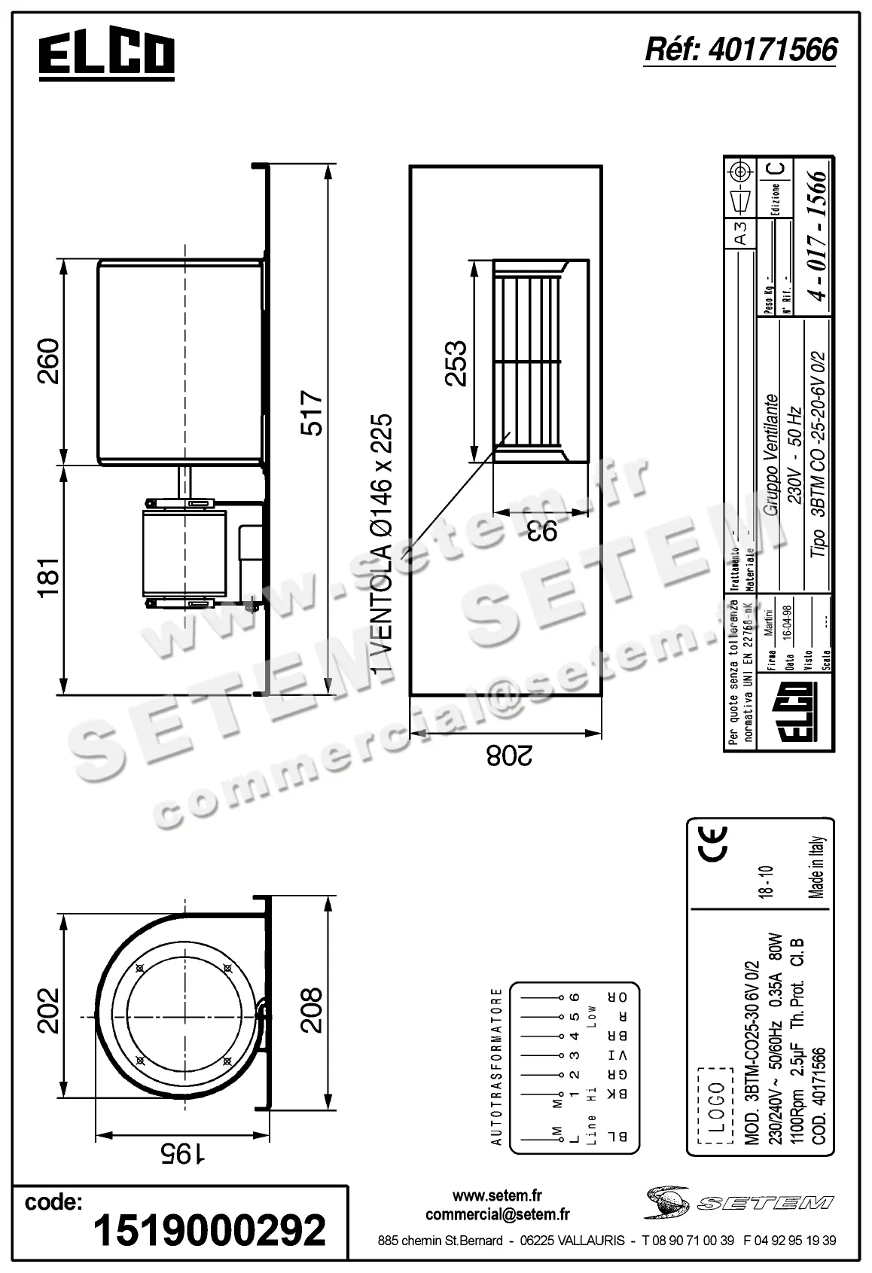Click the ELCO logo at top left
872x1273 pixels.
[106, 56]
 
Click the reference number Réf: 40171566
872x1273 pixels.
[741, 50]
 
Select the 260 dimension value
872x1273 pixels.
[49, 362]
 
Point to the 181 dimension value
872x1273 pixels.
[49, 578]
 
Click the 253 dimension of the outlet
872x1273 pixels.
[456, 364]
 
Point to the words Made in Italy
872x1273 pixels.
[819, 867]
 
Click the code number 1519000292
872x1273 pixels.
[209, 1229]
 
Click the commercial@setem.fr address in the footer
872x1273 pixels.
[497, 1214]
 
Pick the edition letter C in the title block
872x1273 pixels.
[779, 167]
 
